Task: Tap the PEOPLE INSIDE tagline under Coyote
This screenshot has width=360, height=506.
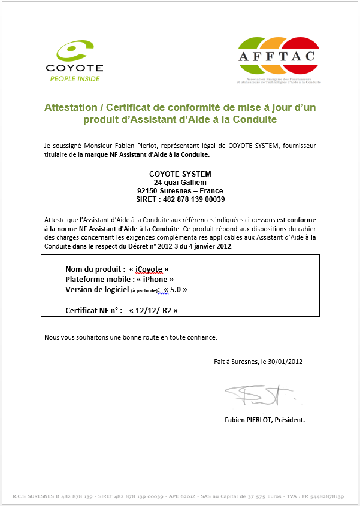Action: [x=74, y=78]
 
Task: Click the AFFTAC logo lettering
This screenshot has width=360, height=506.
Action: [x=278, y=57]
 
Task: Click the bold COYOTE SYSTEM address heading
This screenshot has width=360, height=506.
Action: [x=180, y=174]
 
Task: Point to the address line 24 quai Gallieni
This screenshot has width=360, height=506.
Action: [x=180, y=182]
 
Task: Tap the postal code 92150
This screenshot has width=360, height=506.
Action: [x=149, y=190]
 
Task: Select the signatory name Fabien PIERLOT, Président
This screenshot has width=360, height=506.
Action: [x=264, y=420]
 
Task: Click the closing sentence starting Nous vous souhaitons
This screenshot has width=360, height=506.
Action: [x=131, y=337]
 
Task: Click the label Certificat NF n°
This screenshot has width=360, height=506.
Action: [x=93, y=310]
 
